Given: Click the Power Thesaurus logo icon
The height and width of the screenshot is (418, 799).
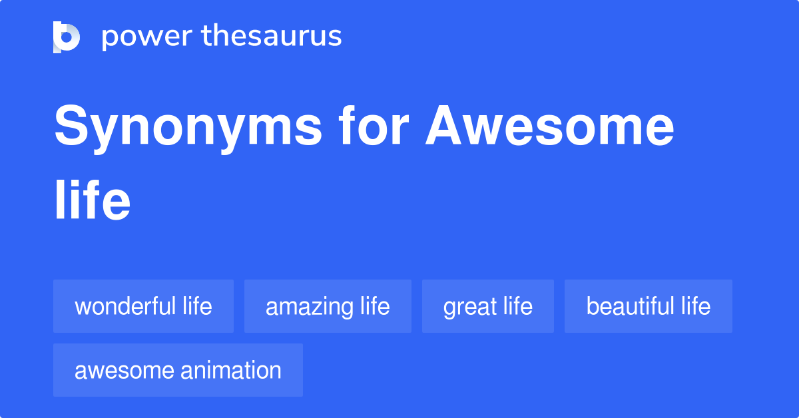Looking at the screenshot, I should coord(67,37).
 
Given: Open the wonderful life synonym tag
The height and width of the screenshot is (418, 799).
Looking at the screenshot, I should coord(143,306).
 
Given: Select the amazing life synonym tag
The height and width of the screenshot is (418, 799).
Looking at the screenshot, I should coord(328,306).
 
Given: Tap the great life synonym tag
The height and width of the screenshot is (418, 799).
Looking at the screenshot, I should coord(488,306).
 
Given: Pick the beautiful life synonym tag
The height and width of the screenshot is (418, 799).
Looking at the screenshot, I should coord(649,306).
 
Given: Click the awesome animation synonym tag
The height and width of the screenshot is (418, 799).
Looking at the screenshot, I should coord(178,370).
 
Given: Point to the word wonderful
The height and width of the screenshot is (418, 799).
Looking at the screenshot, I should coord(126,306).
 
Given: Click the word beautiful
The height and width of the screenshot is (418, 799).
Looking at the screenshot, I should coord(630,306).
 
